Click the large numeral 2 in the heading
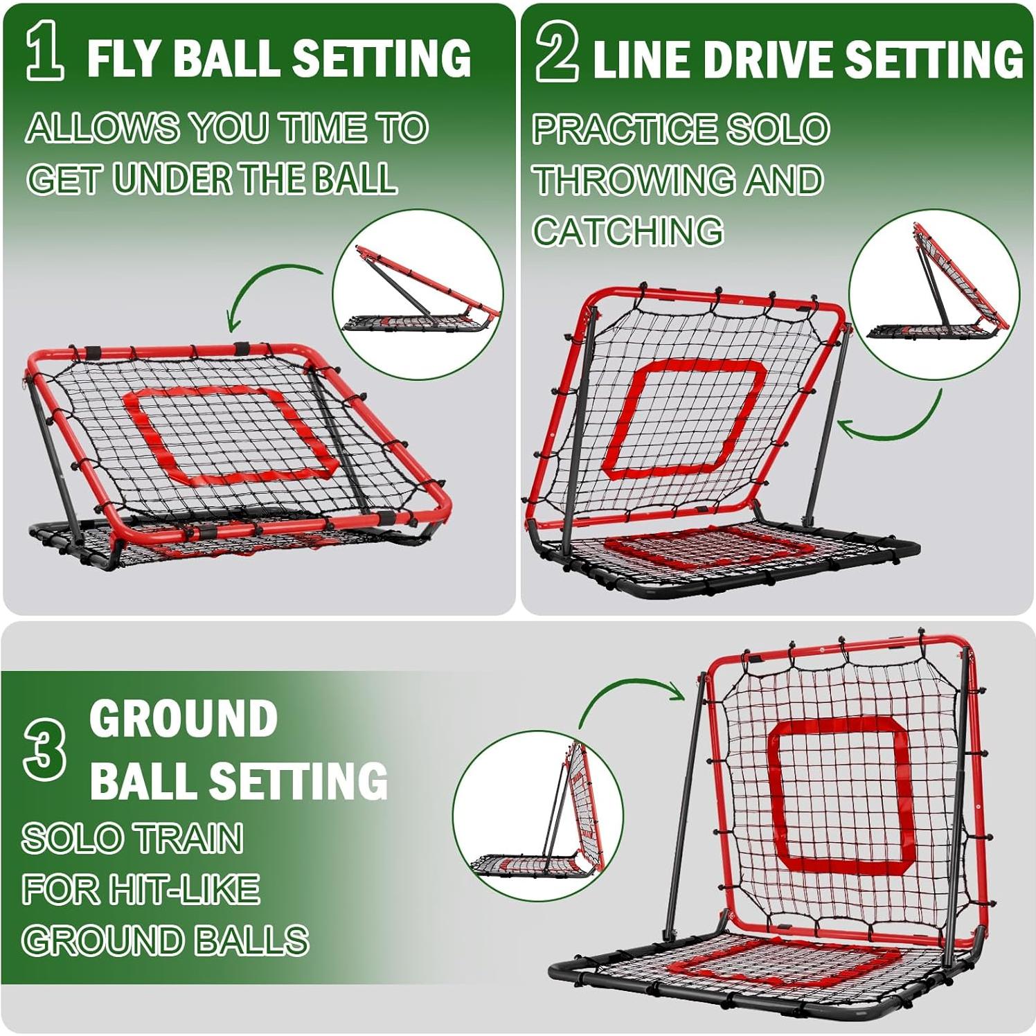click(x=556, y=55)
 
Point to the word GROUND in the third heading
click(x=184, y=720)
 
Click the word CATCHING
click(x=628, y=231)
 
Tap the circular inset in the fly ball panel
click(x=418, y=294)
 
